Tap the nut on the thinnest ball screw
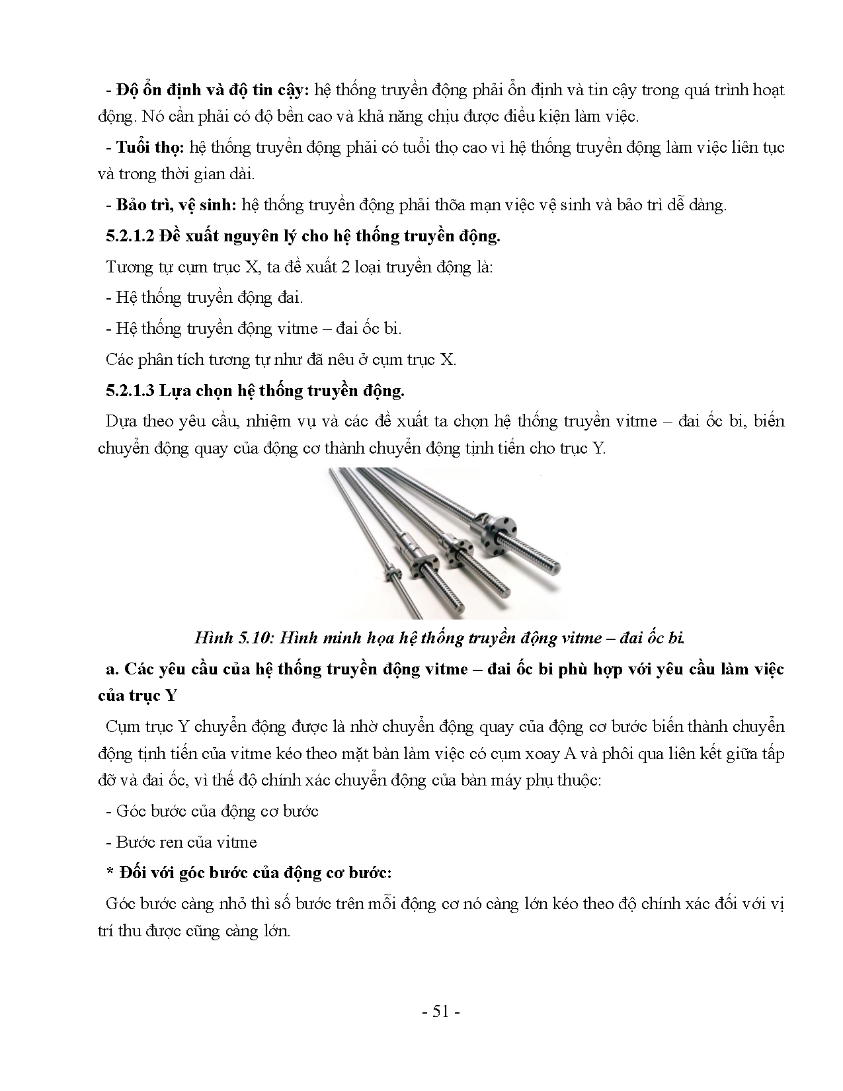393,570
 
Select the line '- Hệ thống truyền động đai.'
204,298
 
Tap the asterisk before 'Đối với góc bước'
110,873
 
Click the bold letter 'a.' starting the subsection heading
112,668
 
